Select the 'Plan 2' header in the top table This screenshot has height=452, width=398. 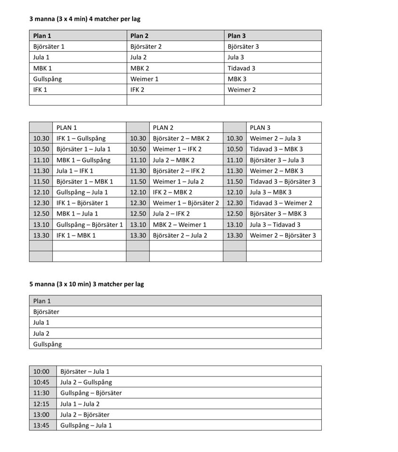pos(140,36)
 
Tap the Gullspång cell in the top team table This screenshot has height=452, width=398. pos(48,79)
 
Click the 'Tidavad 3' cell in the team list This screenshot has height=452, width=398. pos(241,68)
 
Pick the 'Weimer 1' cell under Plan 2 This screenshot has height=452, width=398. pos(144,79)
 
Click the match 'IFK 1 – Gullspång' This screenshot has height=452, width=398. pos(81,138)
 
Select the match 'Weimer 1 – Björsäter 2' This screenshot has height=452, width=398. pos(186,203)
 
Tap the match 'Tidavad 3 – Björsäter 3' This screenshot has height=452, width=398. pos(282,181)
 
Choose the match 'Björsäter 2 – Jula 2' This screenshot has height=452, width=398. pos(180,235)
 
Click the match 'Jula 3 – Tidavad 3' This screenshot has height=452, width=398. pos(275,225)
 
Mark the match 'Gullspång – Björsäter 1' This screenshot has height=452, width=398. pos(89,225)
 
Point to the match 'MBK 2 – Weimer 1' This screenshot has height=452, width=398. pos(180,225)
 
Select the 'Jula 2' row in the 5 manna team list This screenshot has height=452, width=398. pos(41,333)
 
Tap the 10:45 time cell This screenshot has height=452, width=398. pos(41,382)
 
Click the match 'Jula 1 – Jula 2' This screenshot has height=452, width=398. pos(80,404)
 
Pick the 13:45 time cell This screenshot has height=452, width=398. pos(41,426)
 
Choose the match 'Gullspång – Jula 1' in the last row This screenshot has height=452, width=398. pos(86,426)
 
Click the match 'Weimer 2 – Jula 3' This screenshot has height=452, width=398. pos(275,138)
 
